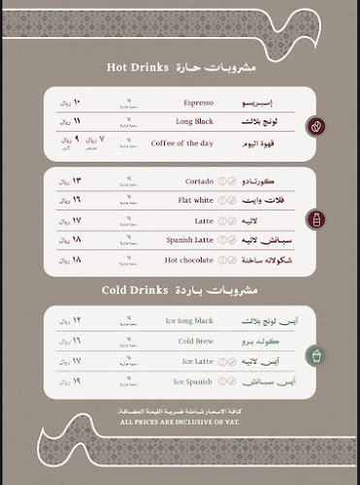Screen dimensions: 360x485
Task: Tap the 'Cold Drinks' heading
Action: click(136, 290)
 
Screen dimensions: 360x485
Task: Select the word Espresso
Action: click(198, 102)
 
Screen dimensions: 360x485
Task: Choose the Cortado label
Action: click(199, 181)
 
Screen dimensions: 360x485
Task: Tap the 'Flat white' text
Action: click(197, 201)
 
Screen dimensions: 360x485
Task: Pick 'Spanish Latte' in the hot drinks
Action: click(190, 240)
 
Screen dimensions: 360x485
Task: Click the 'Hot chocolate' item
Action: click(189, 260)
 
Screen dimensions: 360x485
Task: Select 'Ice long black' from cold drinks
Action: click(191, 321)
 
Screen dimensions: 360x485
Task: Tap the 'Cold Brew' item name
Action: click(195, 340)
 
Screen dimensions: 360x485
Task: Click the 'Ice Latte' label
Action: click(197, 361)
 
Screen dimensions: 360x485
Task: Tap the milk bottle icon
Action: click(314, 220)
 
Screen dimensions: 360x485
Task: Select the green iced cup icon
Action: click(314, 356)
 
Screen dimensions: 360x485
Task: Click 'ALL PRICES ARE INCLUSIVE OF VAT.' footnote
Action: click(180, 423)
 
